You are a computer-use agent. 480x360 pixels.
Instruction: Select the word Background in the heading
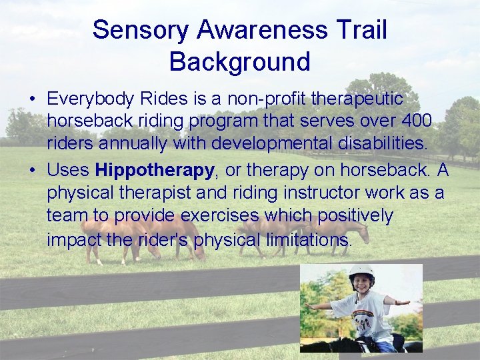point(239,61)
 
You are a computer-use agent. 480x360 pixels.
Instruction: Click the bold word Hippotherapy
point(155,170)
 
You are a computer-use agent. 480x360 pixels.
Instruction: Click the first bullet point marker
point(32,99)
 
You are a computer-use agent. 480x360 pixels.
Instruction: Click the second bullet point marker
point(32,171)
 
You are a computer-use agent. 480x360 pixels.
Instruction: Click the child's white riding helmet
point(361,272)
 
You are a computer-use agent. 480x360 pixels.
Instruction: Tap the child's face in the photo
point(361,283)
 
